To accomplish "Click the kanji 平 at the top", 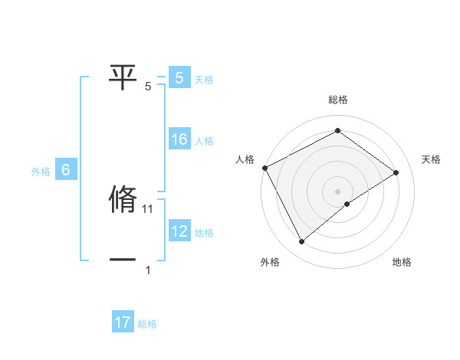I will coord(123,77).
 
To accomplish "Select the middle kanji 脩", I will coord(123,200).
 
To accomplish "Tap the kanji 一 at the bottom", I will coord(123,260).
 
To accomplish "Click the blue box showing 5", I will coord(179,77).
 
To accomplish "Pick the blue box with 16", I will coord(179,139).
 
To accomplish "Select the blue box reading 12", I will coord(179,231).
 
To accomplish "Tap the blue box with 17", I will coord(123,322).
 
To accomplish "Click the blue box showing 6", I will coord(66,170).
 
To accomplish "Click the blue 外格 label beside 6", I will coord(41,172).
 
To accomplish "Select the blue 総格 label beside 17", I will coord(147,324).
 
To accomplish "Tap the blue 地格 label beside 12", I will coord(204,233).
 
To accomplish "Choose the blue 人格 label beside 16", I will coord(204,141).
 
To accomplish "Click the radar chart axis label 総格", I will coord(337,100).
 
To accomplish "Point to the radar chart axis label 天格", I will coord(432,159).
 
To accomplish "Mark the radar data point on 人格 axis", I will coord(264,168).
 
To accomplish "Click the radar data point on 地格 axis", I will coord(347,204).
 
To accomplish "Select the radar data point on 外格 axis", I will coord(302,242).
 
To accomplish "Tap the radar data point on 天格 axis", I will coord(396,172).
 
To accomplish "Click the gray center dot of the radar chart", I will coord(337,191).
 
